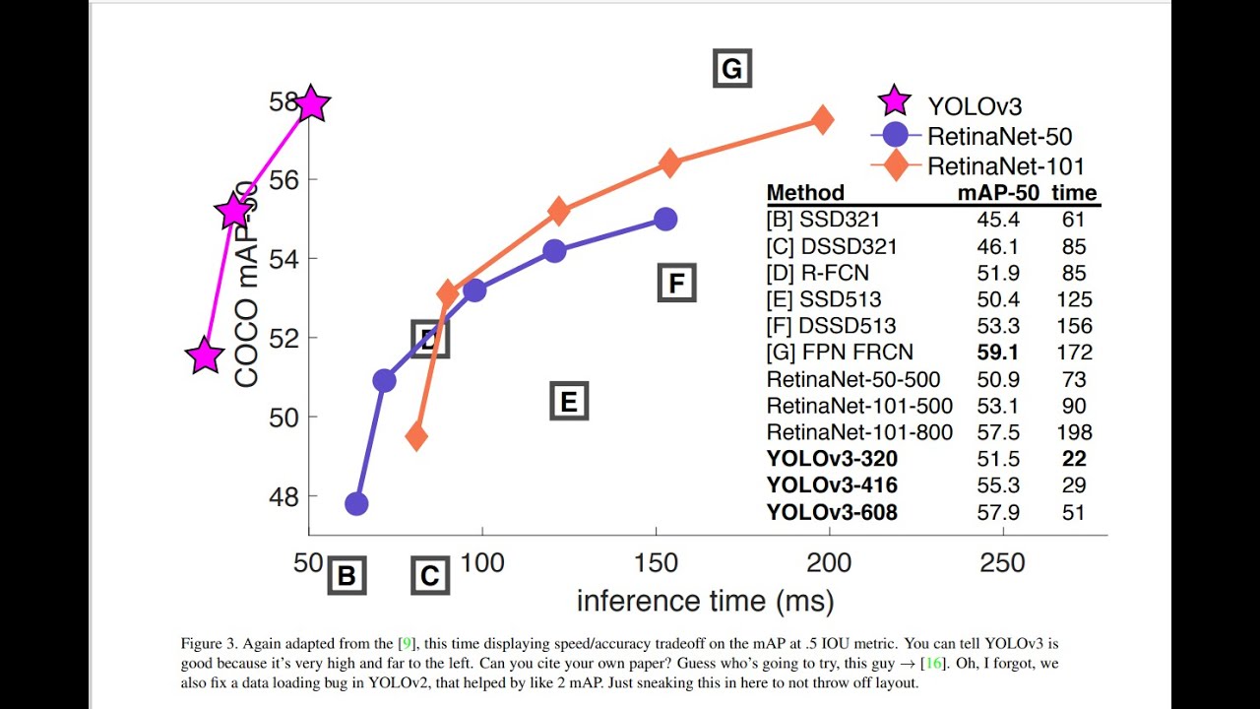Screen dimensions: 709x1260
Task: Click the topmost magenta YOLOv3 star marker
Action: tap(311, 103)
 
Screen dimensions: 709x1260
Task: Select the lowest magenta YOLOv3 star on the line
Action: tap(204, 355)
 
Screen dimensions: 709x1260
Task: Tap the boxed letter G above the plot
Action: tap(731, 69)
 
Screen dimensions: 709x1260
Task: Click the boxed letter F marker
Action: tap(676, 284)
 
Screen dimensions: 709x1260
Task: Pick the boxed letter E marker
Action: tap(568, 402)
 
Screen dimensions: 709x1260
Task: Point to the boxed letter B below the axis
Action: tap(346, 576)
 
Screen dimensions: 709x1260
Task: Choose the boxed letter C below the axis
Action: tap(429, 576)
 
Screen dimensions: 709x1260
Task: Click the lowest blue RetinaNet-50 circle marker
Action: tap(356, 504)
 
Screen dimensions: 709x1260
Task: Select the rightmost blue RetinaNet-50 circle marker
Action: tap(665, 219)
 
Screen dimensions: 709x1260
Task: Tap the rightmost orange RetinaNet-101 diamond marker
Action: tap(822, 119)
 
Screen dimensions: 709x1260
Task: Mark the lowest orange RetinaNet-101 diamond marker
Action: tap(416, 436)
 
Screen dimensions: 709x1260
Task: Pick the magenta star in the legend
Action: tap(894, 100)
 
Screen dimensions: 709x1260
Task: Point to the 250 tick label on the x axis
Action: tap(1003, 563)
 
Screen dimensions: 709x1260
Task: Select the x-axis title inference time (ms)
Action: tap(705, 602)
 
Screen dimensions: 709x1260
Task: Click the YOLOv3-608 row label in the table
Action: tap(832, 512)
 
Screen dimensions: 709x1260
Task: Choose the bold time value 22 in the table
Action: tap(1074, 459)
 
